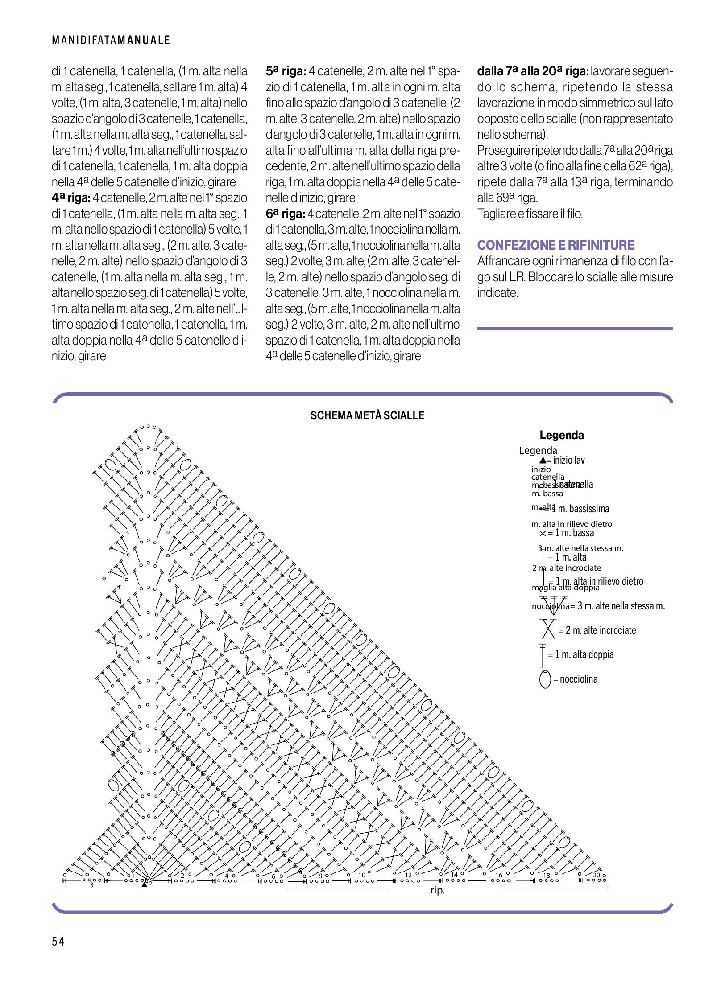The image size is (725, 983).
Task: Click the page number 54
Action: [58, 941]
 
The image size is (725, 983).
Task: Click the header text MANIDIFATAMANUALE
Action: [111, 40]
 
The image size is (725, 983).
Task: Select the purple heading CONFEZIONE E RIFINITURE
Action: [555, 245]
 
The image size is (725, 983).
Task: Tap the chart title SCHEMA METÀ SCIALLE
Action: [367, 415]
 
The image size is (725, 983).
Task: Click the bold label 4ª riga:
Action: [71, 198]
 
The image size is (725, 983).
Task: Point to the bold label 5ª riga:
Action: [286, 71]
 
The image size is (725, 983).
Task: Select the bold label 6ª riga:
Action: [285, 214]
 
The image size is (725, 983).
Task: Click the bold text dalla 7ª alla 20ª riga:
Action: [533, 71]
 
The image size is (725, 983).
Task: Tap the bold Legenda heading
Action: [561, 435]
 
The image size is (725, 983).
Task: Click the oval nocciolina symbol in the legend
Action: [545, 679]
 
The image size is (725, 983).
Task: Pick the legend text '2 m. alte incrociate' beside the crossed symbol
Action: [601, 630]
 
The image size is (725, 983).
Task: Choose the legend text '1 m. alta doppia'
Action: [584, 654]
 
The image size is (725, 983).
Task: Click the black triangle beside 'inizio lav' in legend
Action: [543, 461]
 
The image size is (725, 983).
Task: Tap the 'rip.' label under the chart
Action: [437, 890]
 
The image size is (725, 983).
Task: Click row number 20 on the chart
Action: [596, 875]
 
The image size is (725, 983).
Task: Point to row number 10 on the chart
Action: [362, 875]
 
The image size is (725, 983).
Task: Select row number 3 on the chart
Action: [92, 885]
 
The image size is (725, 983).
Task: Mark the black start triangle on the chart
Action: [144, 884]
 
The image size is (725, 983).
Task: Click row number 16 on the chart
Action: [499, 875]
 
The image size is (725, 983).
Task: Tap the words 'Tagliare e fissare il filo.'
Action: [530, 214]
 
